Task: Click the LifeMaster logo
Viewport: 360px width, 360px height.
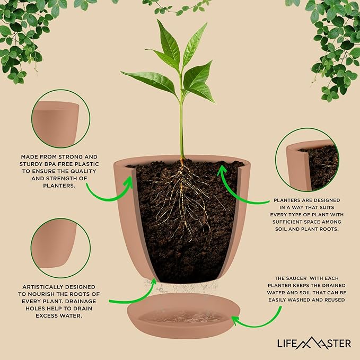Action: click(x=314, y=344)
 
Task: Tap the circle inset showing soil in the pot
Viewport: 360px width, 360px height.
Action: click(x=307, y=160)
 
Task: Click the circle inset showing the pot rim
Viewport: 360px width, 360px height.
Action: click(x=60, y=119)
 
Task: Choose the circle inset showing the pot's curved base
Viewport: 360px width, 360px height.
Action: click(x=60, y=248)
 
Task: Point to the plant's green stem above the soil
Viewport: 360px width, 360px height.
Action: click(x=181, y=128)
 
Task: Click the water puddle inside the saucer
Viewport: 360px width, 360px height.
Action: click(x=182, y=317)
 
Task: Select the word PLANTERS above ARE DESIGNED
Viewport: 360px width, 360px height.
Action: click(x=287, y=200)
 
